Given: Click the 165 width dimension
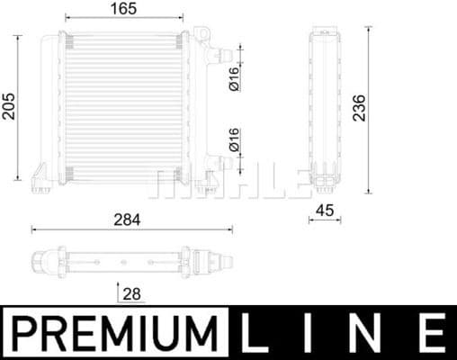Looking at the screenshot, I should (124, 9).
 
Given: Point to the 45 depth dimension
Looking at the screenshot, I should (326, 212).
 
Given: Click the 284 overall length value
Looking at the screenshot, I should (126, 219).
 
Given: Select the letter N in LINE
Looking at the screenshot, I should (367, 333).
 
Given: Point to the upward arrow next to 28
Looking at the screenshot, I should (119, 292).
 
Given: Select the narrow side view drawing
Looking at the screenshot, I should (326, 108).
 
